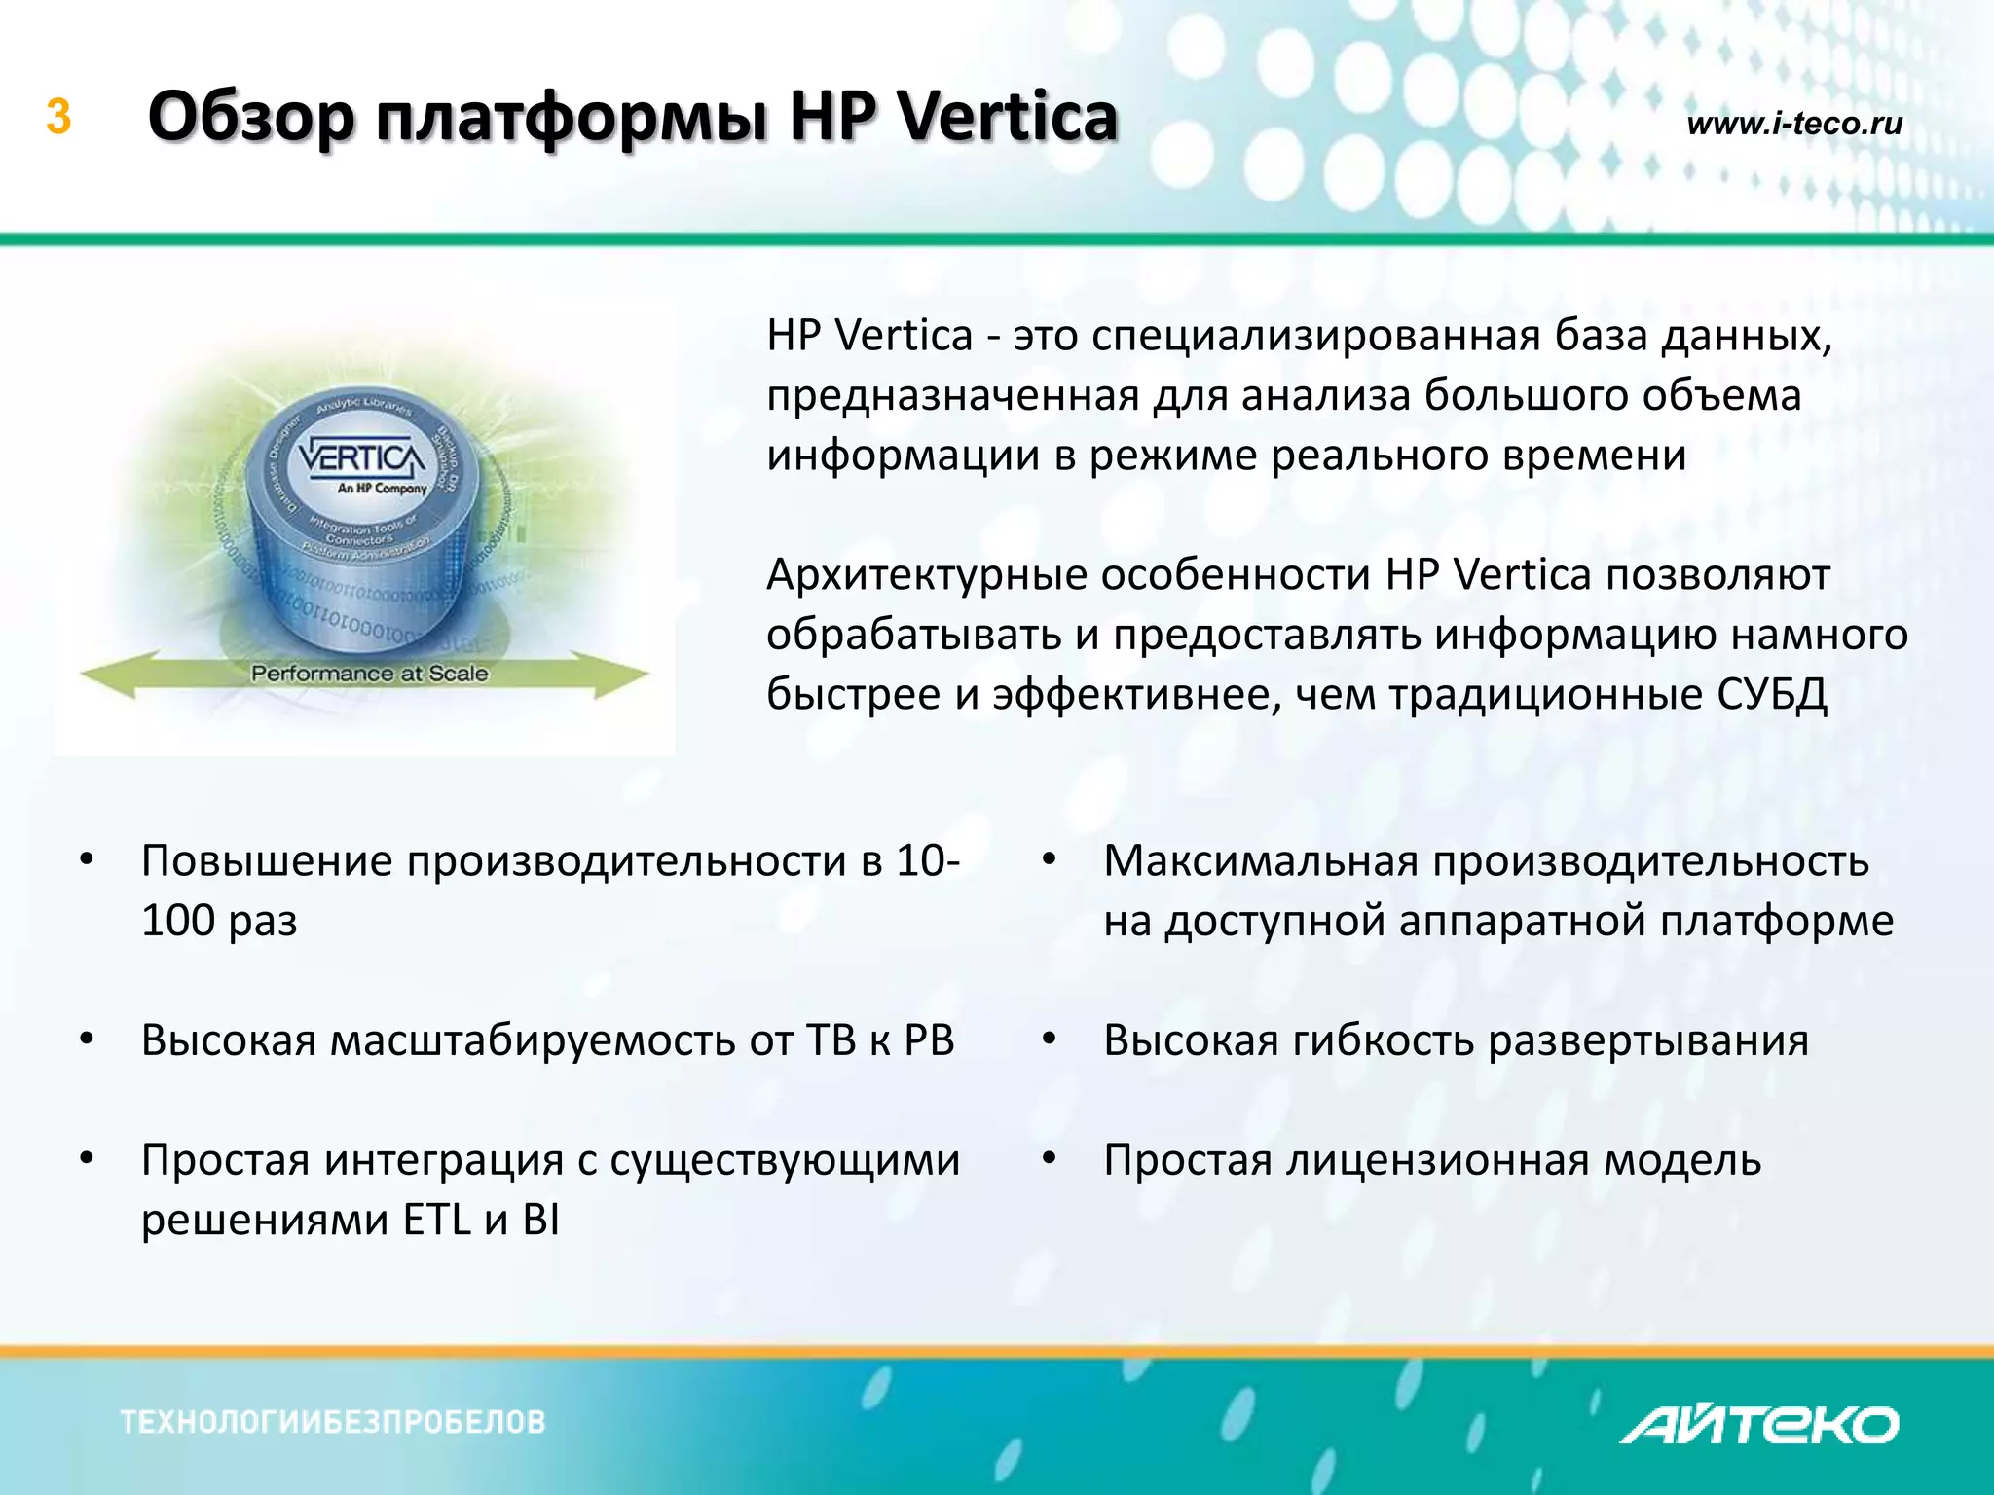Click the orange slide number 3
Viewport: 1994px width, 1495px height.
click(58, 118)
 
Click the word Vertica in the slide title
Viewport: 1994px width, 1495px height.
click(1007, 117)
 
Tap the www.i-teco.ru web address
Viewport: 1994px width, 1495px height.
click(1793, 124)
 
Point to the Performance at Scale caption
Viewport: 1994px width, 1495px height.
click(369, 673)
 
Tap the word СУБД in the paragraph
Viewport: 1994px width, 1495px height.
click(1771, 694)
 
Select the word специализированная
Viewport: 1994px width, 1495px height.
click(1314, 336)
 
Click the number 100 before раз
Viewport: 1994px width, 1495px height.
click(177, 920)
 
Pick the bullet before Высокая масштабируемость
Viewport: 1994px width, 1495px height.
click(87, 1039)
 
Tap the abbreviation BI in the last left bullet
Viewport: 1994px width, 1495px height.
click(540, 1220)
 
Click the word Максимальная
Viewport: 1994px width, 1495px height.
click(1260, 860)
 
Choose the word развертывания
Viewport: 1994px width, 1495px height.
click(1647, 1039)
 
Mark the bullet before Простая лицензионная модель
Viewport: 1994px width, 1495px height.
click(1049, 1159)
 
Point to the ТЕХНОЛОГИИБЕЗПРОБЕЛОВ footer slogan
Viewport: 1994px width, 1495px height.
click(333, 1422)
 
